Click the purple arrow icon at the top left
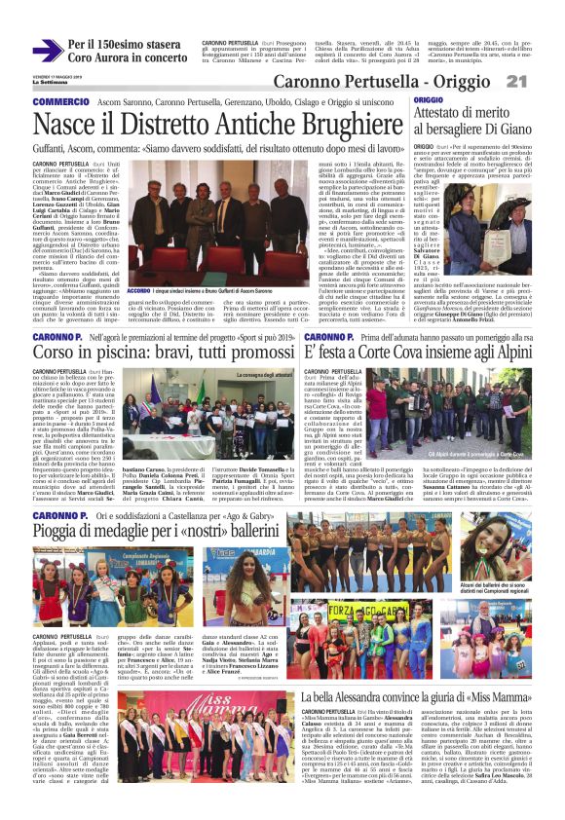[47, 51]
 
